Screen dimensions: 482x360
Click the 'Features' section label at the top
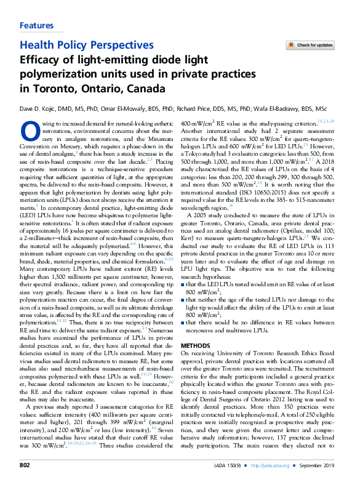(36, 25)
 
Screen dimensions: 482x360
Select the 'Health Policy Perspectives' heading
(87, 45)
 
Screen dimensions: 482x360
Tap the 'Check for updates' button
(311, 45)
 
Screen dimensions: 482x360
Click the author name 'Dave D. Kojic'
(39, 109)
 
